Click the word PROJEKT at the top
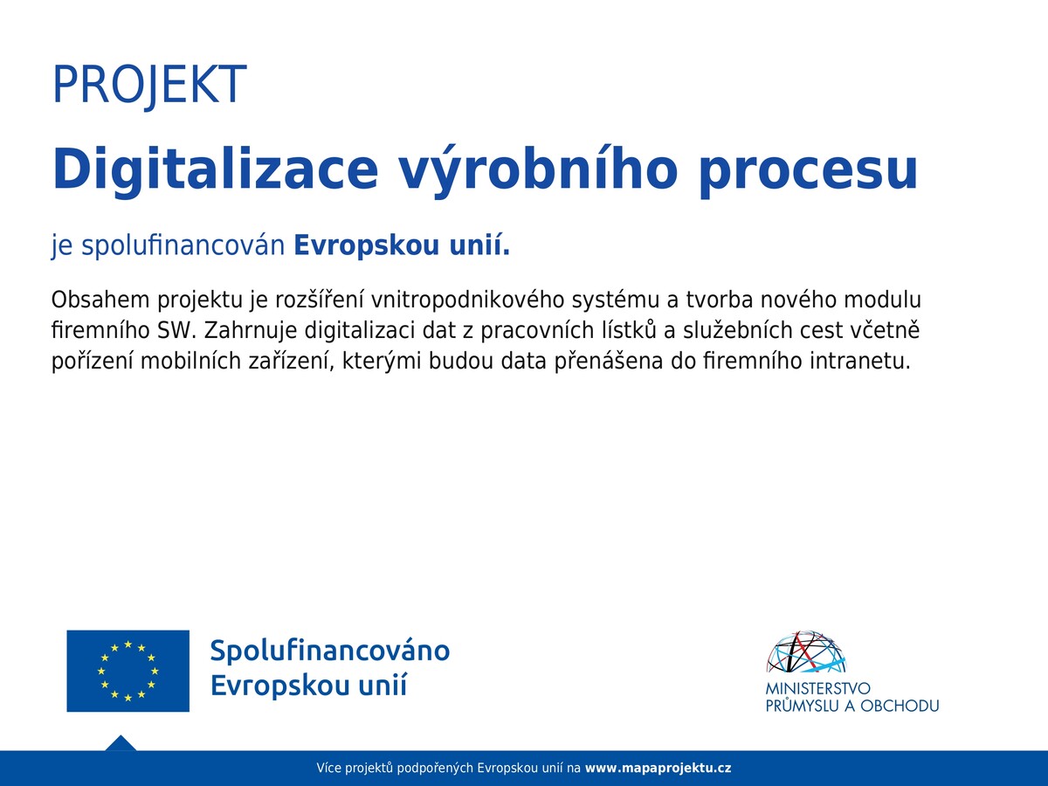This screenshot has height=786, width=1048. (149, 86)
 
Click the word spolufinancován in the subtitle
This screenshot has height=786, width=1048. (183, 245)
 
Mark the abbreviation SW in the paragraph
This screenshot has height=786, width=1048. (177, 331)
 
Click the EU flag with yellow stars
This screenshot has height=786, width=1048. (128, 671)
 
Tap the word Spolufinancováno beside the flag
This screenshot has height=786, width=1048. (330, 652)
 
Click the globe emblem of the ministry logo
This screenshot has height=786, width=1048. (806, 652)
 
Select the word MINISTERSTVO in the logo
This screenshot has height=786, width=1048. (817, 688)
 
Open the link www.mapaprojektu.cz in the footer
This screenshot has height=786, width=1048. (658, 769)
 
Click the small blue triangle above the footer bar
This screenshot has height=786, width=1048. (121, 743)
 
